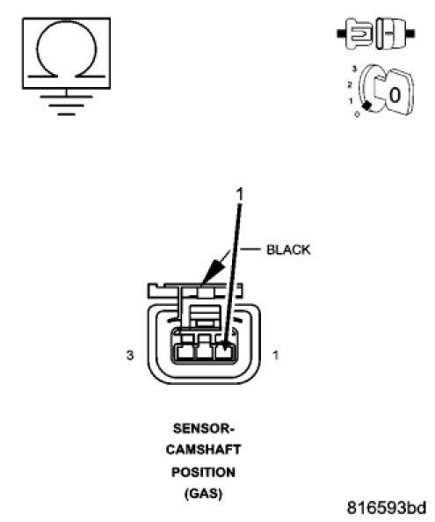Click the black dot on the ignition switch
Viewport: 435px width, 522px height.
click(x=366, y=105)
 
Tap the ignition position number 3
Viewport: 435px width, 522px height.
click(x=353, y=68)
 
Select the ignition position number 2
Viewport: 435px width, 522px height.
click(x=350, y=84)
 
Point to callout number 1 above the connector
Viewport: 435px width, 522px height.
click(x=239, y=192)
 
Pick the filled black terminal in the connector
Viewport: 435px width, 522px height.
click(x=227, y=353)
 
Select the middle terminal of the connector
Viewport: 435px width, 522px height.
click(x=206, y=353)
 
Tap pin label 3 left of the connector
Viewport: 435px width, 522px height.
click(x=129, y=356)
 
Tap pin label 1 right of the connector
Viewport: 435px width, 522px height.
click(x=278, y=356)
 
